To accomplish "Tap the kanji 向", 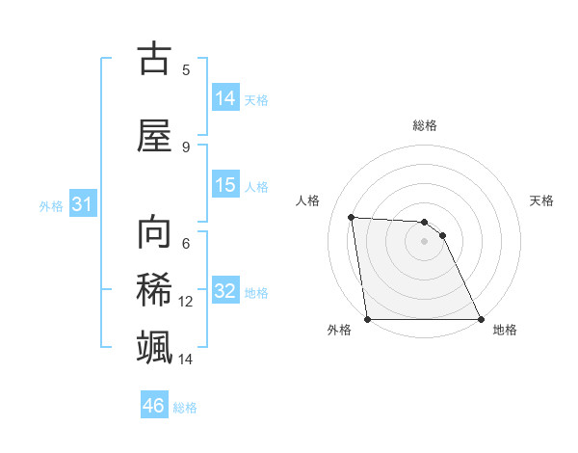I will click(154, 232).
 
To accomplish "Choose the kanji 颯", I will click(154, 347).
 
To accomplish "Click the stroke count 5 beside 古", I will click(186, 69).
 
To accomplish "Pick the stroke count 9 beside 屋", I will click(186, 147).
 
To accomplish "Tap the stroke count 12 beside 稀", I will click(186, 302).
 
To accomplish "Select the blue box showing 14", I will click(225, 97).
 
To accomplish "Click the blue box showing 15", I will click(225, 185).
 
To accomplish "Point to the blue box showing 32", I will click(225, 291).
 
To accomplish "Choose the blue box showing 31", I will click(82, 204).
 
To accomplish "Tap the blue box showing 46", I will click(154, 406).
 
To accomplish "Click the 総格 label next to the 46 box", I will click(185, 408).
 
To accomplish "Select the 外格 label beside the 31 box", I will click(51, 206).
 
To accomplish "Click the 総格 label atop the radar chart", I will click(425, 125).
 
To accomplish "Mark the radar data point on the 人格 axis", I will click(351, 217).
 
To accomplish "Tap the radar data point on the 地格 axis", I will click(481, 319).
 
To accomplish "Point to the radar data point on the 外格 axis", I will click(368, 319).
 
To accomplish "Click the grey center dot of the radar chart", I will click(425, 241).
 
